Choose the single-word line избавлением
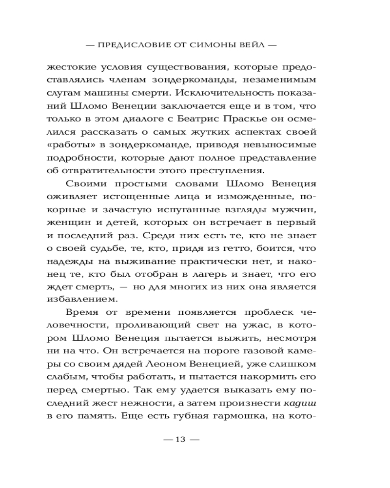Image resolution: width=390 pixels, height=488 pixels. tap(79, 298)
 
